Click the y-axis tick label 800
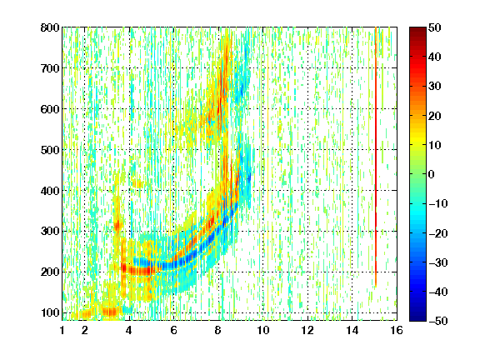tap(50, 27)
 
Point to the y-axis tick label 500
tap(50, 150)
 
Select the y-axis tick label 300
tap(50, 232)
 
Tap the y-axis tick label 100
tap(50, 312)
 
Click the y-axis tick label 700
tap(50, 68)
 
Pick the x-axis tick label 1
tap(62, 330)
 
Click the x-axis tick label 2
tap(85, 330)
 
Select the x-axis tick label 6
tap(174, 330)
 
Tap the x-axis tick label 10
tap(263, 330)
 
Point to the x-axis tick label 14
tap(352, 330)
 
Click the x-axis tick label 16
tap(397, 330)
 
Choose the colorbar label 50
tap(435, 27)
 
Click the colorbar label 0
tap(432, 174)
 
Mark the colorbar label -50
tap(438, 321)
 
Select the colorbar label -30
tap(438, 262)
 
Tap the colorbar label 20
tap(435, 116)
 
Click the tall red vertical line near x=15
tap(376, 157)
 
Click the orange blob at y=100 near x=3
tap(110, 312)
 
